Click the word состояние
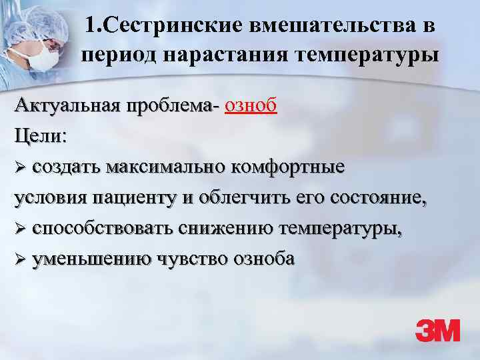tap(377, 197)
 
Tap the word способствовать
tap(103, 228)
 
